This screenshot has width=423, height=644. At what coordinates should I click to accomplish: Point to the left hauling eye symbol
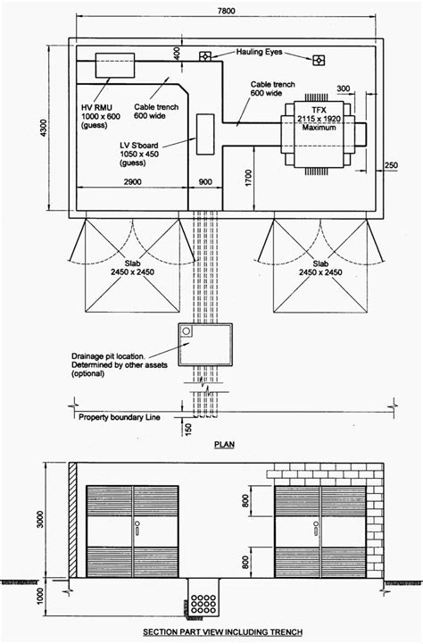point(204,57)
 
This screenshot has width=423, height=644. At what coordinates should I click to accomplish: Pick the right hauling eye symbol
point(318,60)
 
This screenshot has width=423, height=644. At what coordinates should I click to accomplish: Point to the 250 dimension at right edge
point(391,164)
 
